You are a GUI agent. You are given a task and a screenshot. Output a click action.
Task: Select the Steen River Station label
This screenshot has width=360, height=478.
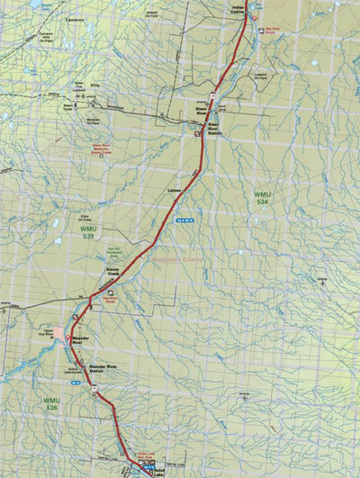tap(213, 128)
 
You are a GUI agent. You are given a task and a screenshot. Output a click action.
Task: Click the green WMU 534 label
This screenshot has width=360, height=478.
tap(262, 198)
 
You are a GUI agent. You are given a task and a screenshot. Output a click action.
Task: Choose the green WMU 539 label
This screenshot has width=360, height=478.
tap(76, 233)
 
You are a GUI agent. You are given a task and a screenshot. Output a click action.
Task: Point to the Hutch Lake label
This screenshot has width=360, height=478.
tap(160, 470)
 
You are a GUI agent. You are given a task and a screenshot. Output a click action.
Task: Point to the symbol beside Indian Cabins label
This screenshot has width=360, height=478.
tap(253, 18)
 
